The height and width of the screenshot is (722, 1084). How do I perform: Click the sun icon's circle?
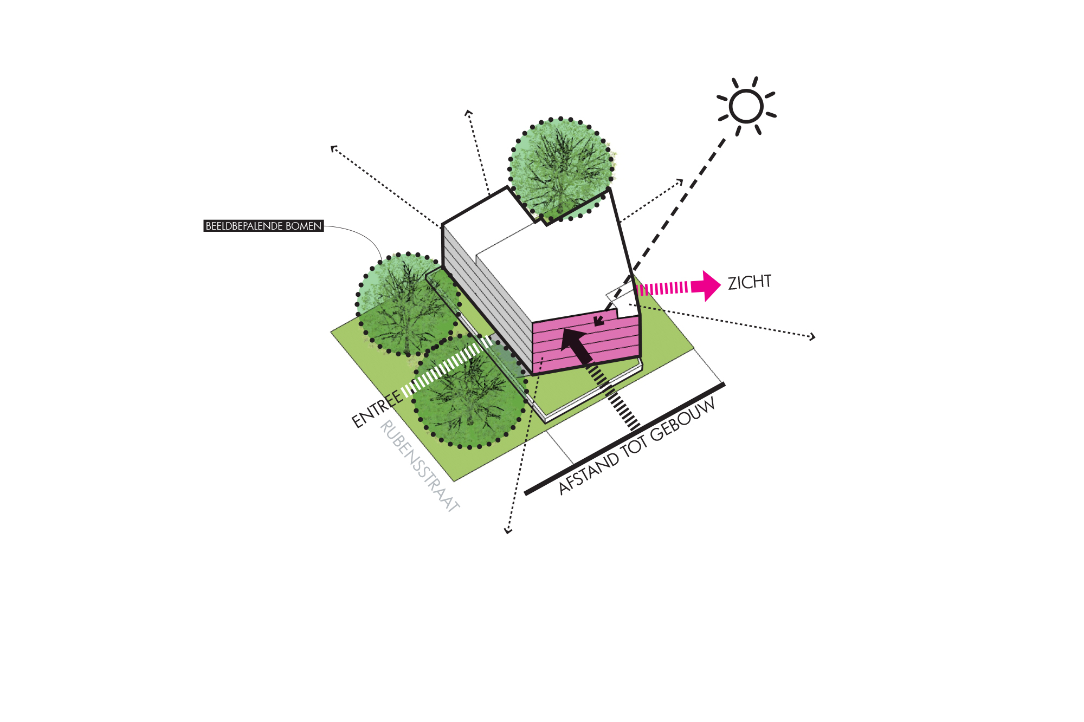pyautogui.click(x=746, y=106)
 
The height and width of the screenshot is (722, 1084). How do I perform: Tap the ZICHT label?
pyautogui.click(x=749, y=282)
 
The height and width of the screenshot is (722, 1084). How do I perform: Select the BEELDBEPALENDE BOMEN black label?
pyautogui.click(x=263, y=226)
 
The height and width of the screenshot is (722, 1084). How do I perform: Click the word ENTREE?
pyautogui.click(x=377, y=409)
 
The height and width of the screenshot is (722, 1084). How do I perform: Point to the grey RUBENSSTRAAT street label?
pyautogui.click(x=420, y=466)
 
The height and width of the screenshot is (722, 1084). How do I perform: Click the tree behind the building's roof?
pyautogui.click(x=560, y=165)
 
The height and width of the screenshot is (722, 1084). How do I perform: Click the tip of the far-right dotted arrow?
pyautogui.click(x=814, y=337)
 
